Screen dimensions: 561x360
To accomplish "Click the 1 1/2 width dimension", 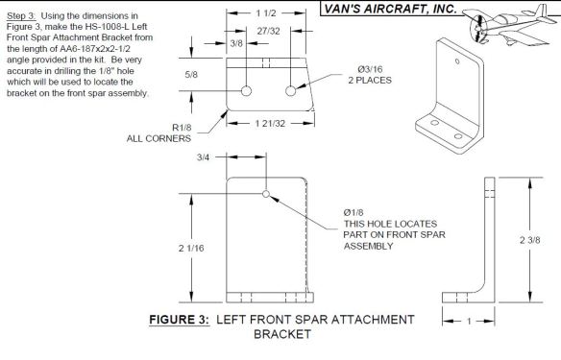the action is click(x=262, y=14).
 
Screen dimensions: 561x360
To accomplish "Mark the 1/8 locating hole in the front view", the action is click(x=265, y=193).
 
